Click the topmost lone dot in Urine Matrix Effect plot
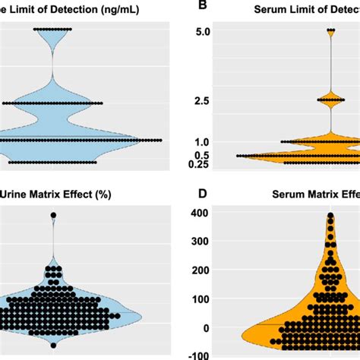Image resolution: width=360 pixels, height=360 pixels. [53, 216]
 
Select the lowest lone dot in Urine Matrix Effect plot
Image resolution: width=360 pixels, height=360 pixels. [53, 346]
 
